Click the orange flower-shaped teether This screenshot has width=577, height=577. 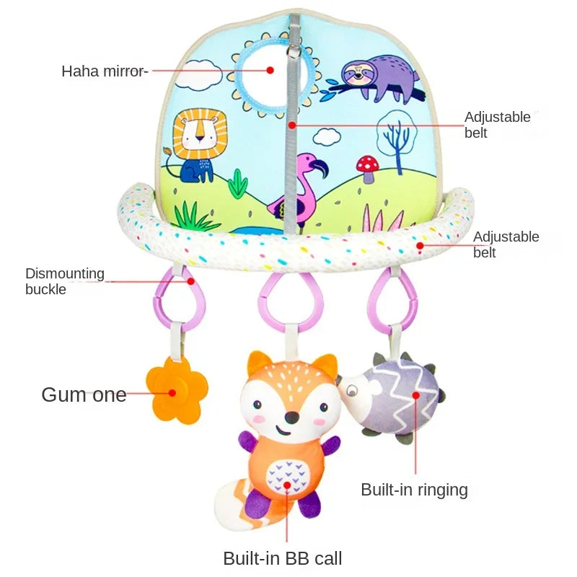click(177, 391)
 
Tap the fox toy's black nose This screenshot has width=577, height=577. click(292, 418)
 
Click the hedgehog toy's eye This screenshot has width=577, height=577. click(352, 390)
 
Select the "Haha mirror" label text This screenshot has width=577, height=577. click(104, 71)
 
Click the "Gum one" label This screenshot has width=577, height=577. click(84, 395)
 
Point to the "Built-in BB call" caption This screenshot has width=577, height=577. click(283, 558)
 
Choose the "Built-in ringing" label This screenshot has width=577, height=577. click(414, 490)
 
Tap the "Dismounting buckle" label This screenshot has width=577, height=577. click(65, 281)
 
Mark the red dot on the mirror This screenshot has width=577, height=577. click(270, 70)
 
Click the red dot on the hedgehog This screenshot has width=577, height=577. click(416, 395)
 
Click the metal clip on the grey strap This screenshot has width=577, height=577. click(292, 51)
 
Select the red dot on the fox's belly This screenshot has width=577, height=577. click(287, 485)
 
